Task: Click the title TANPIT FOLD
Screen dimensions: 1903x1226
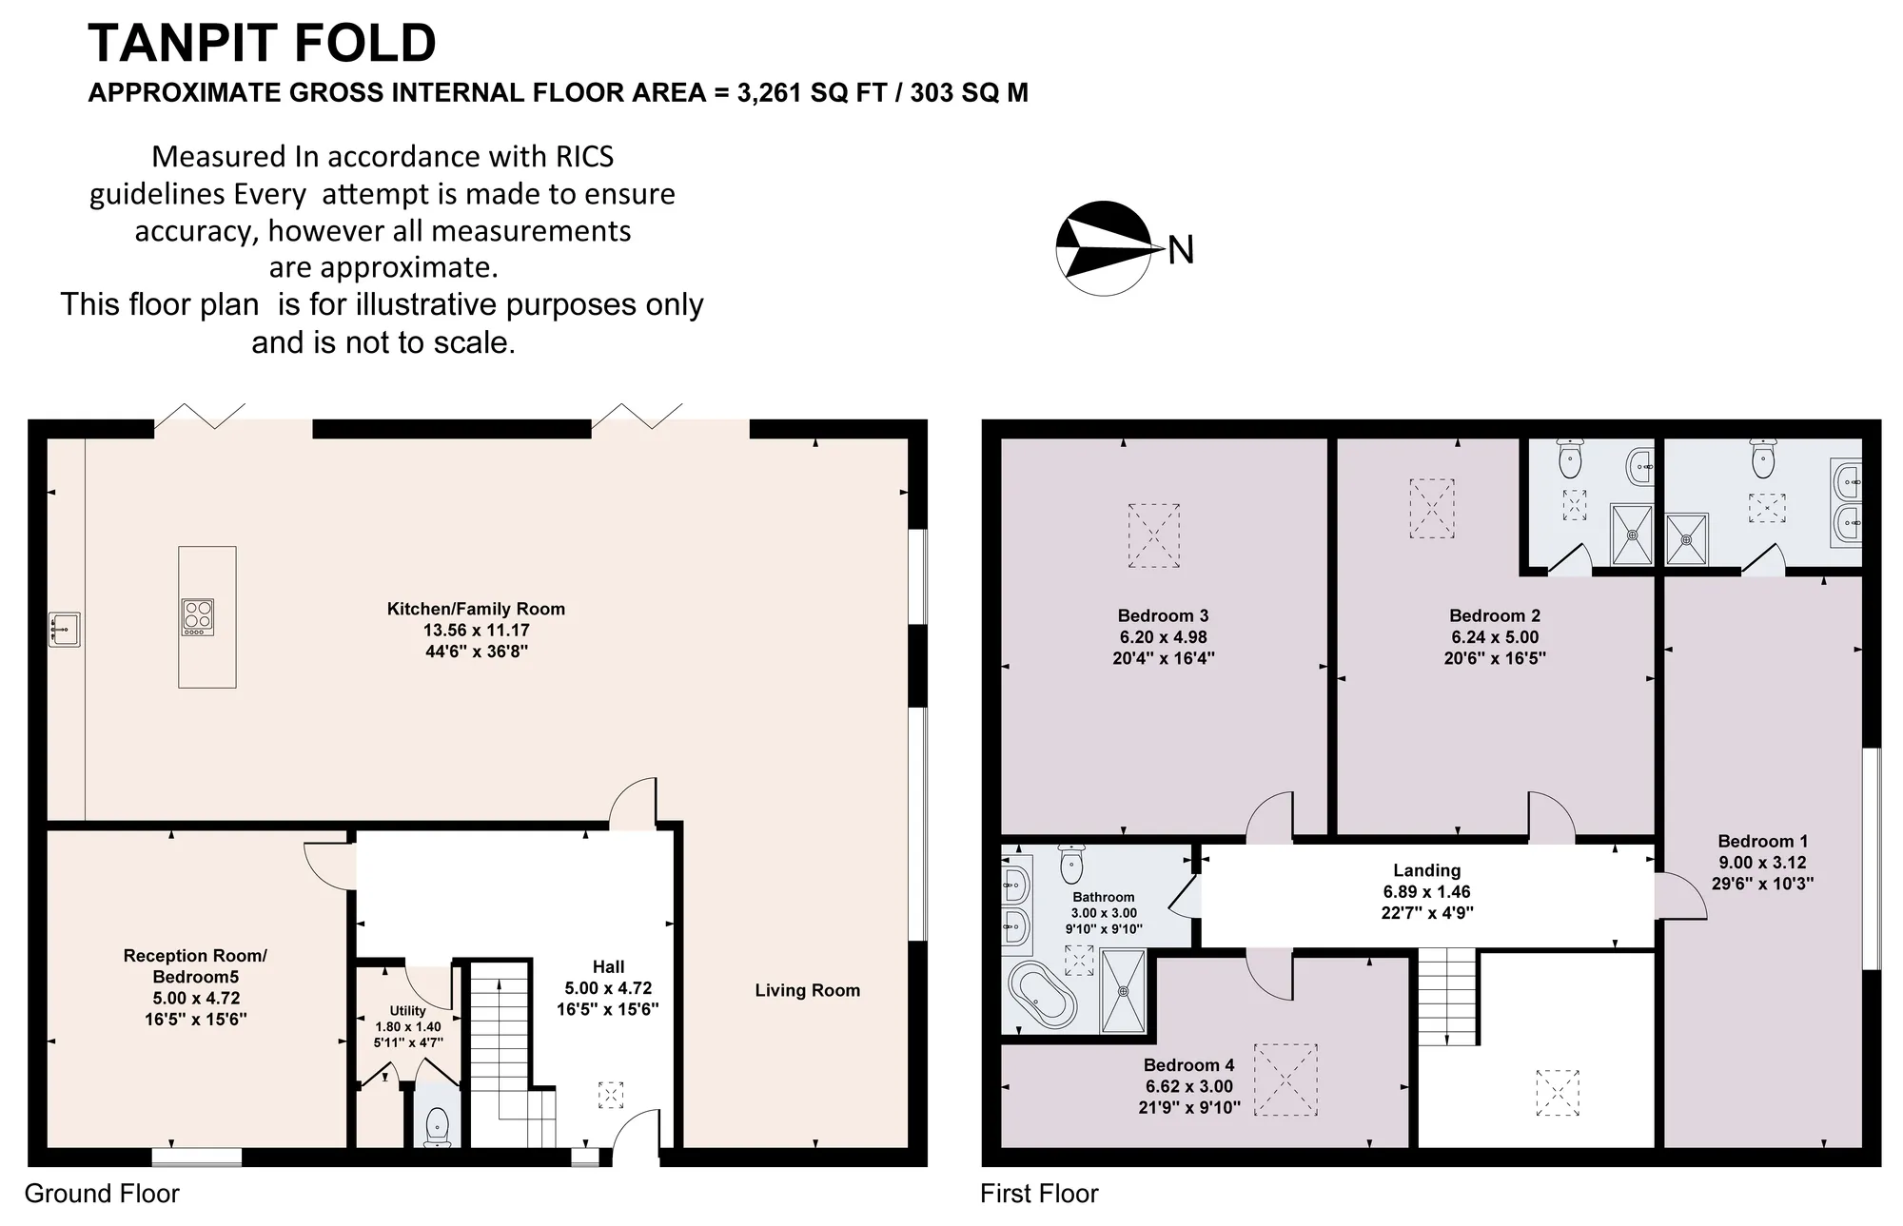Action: pyautogui.click(x=262, y=43)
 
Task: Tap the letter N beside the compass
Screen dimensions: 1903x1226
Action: pyautogui.click(x=1181, y=250)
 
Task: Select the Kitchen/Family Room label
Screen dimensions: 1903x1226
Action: pyautogui.click(x=476, y=609)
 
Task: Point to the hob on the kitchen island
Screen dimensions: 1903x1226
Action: pyautogui.click(x=198, y=617)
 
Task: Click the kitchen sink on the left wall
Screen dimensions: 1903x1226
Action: pyautogui.click(x=65, y=630)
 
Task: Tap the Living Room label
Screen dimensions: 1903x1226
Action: pyautogui.click(x=807, y=990)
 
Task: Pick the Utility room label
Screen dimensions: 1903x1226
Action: pyautogui.click(x=408, y=1010)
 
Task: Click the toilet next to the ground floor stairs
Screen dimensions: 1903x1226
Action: pyautogui.click(x=437, y=1126)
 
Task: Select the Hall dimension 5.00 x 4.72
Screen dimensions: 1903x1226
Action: pyautogui.click(x=608, y=988)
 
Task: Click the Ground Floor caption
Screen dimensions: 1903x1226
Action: pyautogui.click(x=102, y=1194)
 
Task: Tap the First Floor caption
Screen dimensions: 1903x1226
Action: pyautogui.click(x=1039, y=1194)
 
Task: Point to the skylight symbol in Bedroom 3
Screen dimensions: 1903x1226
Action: pyautogui.click(x=1153, y=535)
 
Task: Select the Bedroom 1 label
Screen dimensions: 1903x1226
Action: pyautogui.click(x=1762, y=841)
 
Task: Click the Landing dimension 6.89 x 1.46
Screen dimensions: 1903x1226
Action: pyautogui.click(x=1426, y=892)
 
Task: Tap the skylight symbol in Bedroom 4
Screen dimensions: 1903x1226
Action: pyautogui.click(x=1285, y=1080)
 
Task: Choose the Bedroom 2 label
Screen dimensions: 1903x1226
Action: pyautogui.click(x=1494, y=615)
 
